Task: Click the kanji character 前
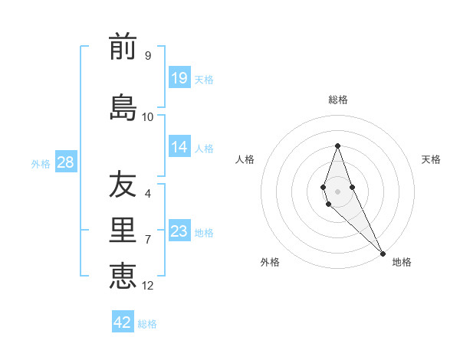tap(123, 47)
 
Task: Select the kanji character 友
tap(123, 185)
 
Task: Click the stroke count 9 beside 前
tap(148, 55)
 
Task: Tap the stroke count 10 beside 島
tap(148, 116)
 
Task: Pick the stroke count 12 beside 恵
tap(148, 285)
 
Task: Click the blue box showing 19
tap(179, 78)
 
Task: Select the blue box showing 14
tap(179, 147)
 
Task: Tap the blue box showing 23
tap(179, 231)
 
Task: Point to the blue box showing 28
tap(65, 162)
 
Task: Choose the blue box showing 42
tap(123, 322)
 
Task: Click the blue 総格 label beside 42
tap(147, 324)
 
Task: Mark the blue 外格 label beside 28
tap(41, 163)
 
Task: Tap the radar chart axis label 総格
tap(338, 100)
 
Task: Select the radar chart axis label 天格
tap(431, 159)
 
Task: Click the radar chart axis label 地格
tap(402, 262)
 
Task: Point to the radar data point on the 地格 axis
tap(383, 252)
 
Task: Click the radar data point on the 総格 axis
tap(337, 146)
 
